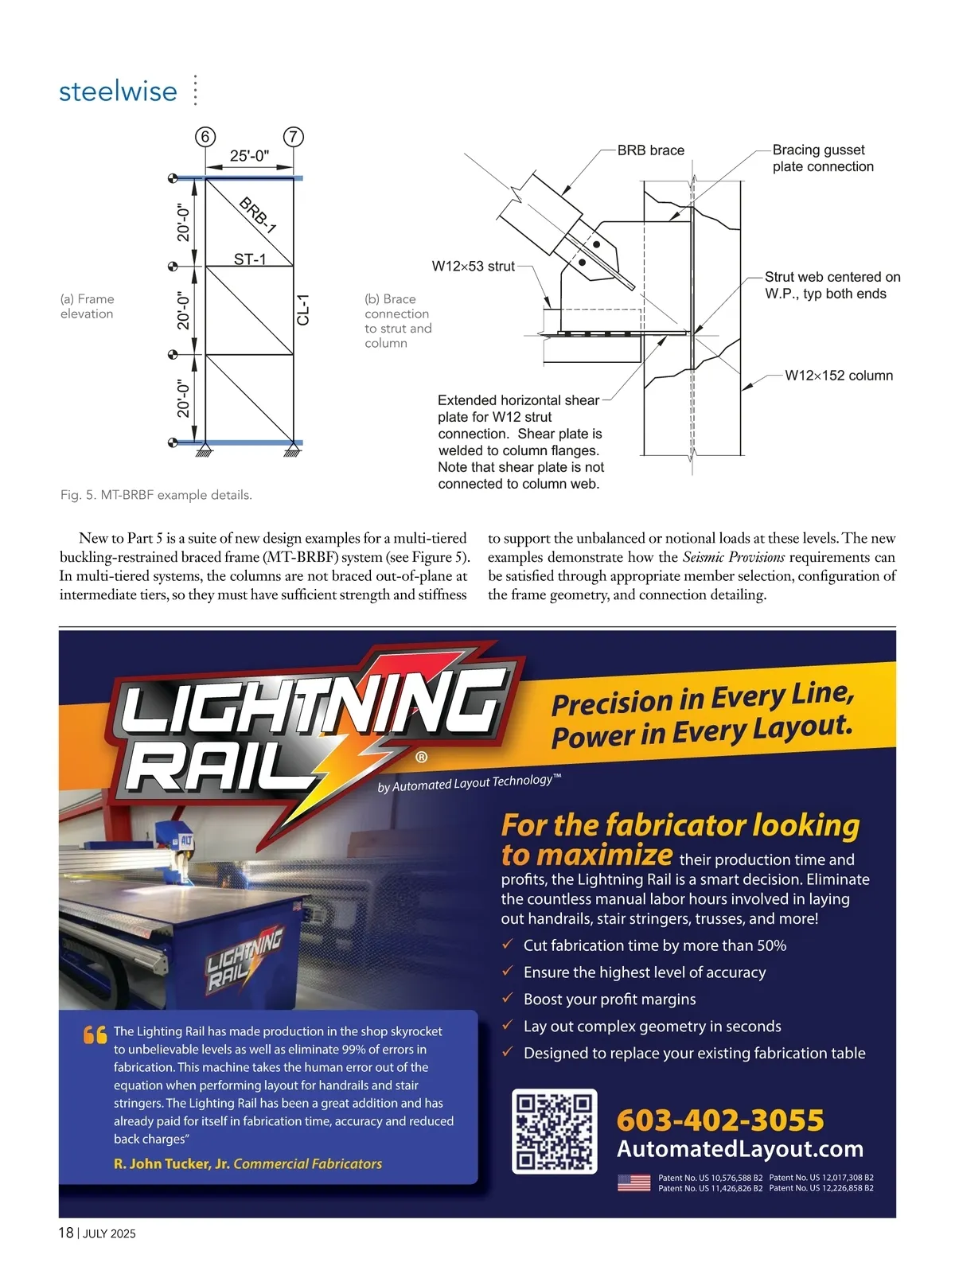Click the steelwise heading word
tap(118, 92)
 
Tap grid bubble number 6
tap(205, 137)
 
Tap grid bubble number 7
tap(294, 137)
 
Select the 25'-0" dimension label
tap(249, 156)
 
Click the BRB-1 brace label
tap(257, 215)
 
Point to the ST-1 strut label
tap(250, 259)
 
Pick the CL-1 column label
tap(302, 310)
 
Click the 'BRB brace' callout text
tap(650, 150)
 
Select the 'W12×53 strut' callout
tap(473, 267)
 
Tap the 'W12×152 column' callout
tap(838, 376)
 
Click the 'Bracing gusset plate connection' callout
tap(822, 158)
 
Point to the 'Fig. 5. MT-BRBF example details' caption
tap(156, 495)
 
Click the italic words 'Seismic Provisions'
tap(733, 557)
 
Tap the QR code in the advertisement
tap(554, 1131)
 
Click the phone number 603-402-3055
tap(720, 1120)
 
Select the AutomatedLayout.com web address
tap(740, 1149)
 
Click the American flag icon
tap(633, 1183)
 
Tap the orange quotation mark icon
tap(95, 1035)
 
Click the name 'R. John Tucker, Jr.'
tap(172, 1163)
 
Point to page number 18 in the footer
tap(66, 1233)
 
